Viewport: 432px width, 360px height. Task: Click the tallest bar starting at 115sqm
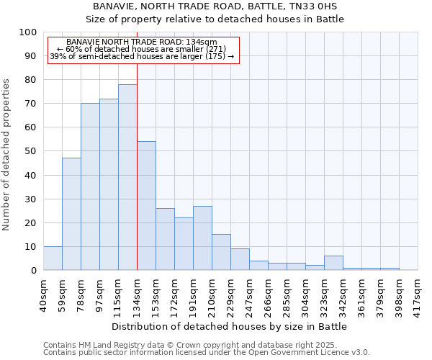(x=127, y=177)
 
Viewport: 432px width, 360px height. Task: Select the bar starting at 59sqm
(x=71, y=214)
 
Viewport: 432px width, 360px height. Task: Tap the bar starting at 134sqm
(x=146, y=206)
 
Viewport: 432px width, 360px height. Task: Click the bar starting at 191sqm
(x=202, y=238)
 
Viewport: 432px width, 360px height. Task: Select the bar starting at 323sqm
(x=333, y=264)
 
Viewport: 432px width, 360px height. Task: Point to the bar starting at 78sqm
(x=90, y=186)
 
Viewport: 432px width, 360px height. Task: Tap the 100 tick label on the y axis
(x=27, y=32)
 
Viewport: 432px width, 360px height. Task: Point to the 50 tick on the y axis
(x=30, y=151)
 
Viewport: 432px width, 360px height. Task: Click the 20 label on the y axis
(x=30, y=222)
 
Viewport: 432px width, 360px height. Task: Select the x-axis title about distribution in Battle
(x=229, y=326)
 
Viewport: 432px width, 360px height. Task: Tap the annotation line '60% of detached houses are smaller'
(x=141, y=49)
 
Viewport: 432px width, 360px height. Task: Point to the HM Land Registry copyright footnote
(x=194, y=345)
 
